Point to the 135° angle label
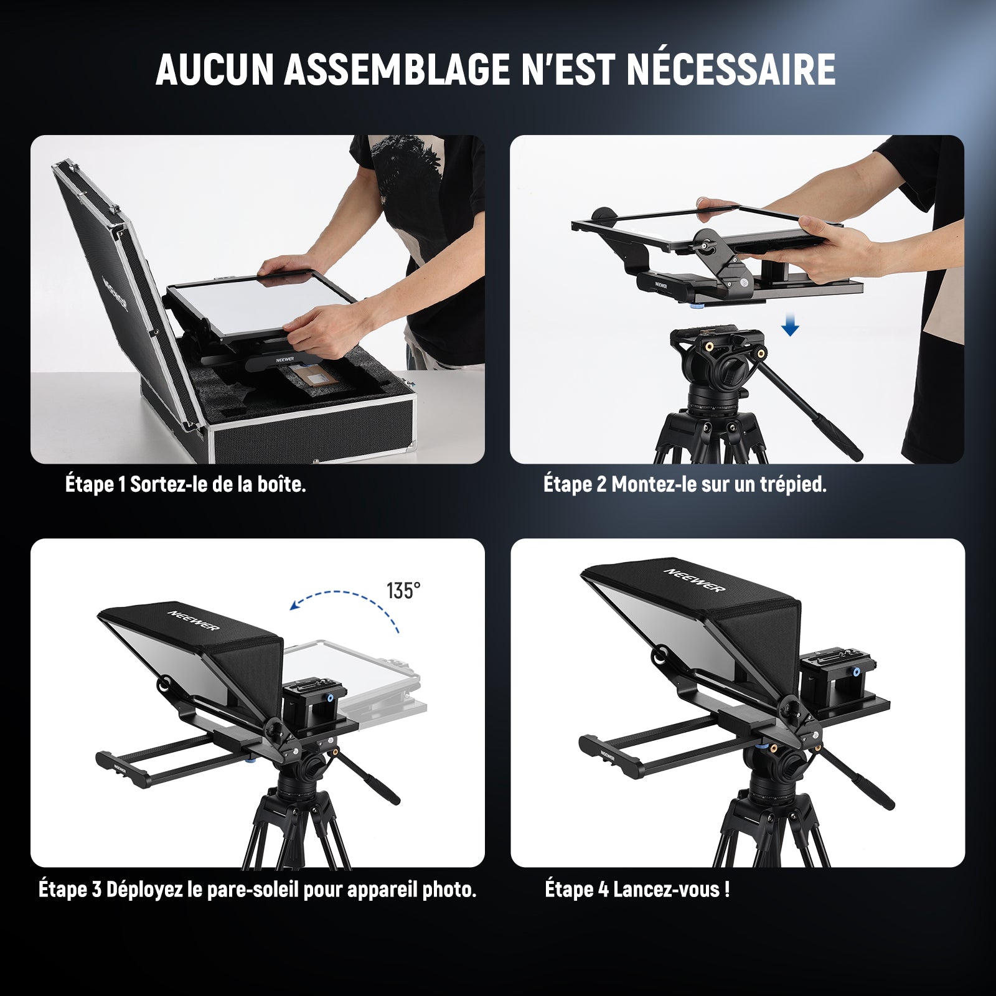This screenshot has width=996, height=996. tap(403, 590)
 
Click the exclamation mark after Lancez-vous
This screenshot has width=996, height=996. tap(726, 889)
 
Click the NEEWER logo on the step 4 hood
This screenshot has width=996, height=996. tap(694, 580)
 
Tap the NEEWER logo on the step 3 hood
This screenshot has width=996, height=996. tap(193, 621)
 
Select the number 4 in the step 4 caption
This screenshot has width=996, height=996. tap(603, 890)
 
